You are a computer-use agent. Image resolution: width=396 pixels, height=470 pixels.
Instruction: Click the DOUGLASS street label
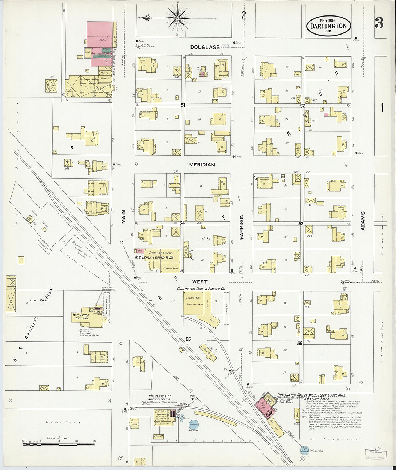click(205, 47)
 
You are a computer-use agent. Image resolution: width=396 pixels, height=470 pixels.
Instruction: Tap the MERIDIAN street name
click(202, 165)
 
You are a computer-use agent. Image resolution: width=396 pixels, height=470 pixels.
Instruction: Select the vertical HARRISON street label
click(242, 227)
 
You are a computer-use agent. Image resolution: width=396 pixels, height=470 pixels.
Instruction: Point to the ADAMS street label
click(363, 221)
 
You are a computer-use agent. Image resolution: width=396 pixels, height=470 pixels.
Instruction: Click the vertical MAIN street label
click(123, 217)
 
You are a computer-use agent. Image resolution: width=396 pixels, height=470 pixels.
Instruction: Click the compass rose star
click(177, 17)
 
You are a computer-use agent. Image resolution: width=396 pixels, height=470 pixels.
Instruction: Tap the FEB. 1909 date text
click(327, 20)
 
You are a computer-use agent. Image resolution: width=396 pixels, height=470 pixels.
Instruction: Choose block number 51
click(183, 105)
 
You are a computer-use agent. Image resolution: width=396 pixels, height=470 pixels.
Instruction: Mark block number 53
click(301, 224)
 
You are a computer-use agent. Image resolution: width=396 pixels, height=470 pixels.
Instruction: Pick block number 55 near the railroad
click(188, 339)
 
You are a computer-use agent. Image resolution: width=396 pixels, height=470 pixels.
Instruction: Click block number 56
click(300, 343)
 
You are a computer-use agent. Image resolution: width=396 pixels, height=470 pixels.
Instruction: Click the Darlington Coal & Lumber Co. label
click(201, 289)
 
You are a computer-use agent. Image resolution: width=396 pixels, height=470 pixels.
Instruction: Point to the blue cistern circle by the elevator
click(194, 424)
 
